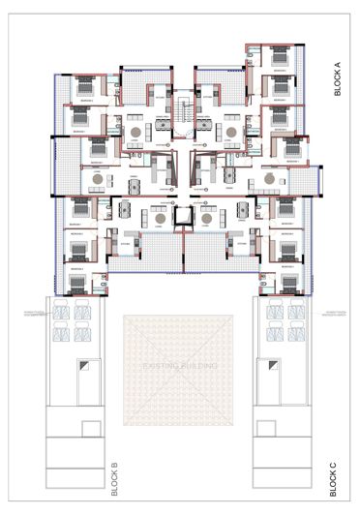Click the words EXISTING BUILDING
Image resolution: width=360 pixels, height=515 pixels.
(180, 366)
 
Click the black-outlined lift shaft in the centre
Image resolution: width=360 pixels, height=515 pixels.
(180, 220)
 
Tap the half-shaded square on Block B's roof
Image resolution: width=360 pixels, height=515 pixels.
(88, 366)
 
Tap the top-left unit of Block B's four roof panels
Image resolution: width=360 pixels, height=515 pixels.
(61, 313)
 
